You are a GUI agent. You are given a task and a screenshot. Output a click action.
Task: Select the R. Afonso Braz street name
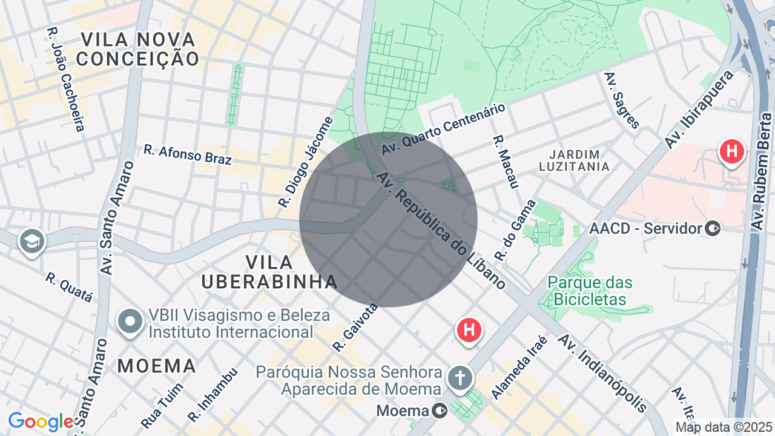188,154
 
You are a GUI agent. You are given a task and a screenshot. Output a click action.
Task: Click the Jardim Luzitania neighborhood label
574,160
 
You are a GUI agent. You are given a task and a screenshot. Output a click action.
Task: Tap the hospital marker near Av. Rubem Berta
731,151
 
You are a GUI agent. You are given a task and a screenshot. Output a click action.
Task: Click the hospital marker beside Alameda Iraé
469,331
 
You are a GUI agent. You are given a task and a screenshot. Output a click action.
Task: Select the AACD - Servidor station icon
713,228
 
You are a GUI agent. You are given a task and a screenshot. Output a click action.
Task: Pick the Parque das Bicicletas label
590,291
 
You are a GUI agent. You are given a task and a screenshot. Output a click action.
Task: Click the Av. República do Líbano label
441,231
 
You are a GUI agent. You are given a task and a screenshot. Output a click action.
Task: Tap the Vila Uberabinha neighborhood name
269,272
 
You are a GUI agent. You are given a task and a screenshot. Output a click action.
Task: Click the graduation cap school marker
31,241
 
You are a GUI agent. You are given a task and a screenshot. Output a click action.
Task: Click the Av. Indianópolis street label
602,373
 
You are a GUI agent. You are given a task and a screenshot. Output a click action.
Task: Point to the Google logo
41,421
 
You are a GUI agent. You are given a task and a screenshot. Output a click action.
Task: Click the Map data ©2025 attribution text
724,427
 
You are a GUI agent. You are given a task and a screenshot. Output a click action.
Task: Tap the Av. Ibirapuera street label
699,110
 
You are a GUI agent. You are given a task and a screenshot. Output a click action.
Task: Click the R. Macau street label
506,161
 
